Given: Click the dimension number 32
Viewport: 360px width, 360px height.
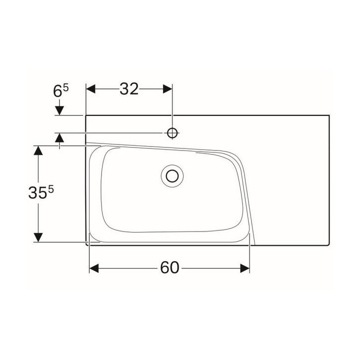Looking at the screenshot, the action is [129, 89].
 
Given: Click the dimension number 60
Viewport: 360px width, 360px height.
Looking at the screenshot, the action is [169, 267].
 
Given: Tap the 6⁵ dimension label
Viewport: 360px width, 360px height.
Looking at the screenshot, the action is [61, 90].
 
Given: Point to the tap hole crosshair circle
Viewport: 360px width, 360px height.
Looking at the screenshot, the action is [172, 132].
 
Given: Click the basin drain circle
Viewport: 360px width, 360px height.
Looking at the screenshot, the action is [172, 176].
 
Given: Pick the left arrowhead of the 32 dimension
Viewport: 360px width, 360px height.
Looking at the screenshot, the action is [90, 89].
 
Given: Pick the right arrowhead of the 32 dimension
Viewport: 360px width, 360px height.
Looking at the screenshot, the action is [167, 89].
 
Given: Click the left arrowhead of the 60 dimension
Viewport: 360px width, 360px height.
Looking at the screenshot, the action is [94, 268].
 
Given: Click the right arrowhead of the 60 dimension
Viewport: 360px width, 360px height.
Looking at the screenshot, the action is [245, 268].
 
